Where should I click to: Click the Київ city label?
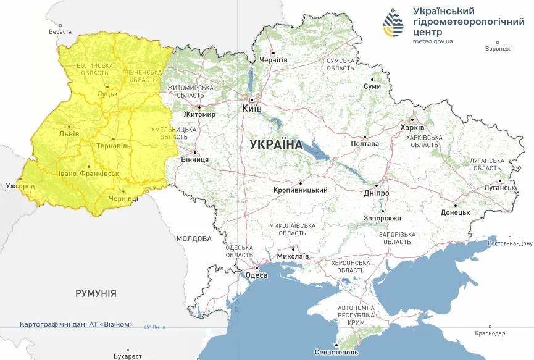pyautogui.click(x=252, y=108)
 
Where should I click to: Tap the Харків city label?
pyautogui.click(x=412, y=127)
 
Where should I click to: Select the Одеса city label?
pyautogui.click(x=257, y=275)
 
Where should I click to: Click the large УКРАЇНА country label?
pyautogui.click(x=276, y=144)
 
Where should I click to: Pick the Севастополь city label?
pyautogui.click(x=336, y=352)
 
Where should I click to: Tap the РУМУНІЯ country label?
pyautogui.click(x=96, y=293)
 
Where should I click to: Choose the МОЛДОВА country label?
pyautogui.click(x=194, y=238)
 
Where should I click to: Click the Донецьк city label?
pyautogui.click(x=455, y=212)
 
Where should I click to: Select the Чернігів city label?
pyautogui.click(x=273, y=59)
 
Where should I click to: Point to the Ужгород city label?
pyautogui.click(x=20, y=186)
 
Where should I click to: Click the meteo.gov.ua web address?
pyautogui.click(x=433, y=41)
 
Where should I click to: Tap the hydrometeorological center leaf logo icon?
pyautogui.click(x=393, y=23)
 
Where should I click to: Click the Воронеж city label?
pyautogui.click(x=498, y=49)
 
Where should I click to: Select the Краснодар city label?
pyautogui.click(x=490, y=333)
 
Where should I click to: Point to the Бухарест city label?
pyautogui.click(x=128, y=356)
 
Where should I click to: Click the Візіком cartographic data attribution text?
pyautogui.click(x=77, y=324)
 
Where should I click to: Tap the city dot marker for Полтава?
pyautogui.click(x=365, y=137)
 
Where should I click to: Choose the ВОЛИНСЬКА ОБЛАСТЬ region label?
pyautogui.click(x=95, y=69)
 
